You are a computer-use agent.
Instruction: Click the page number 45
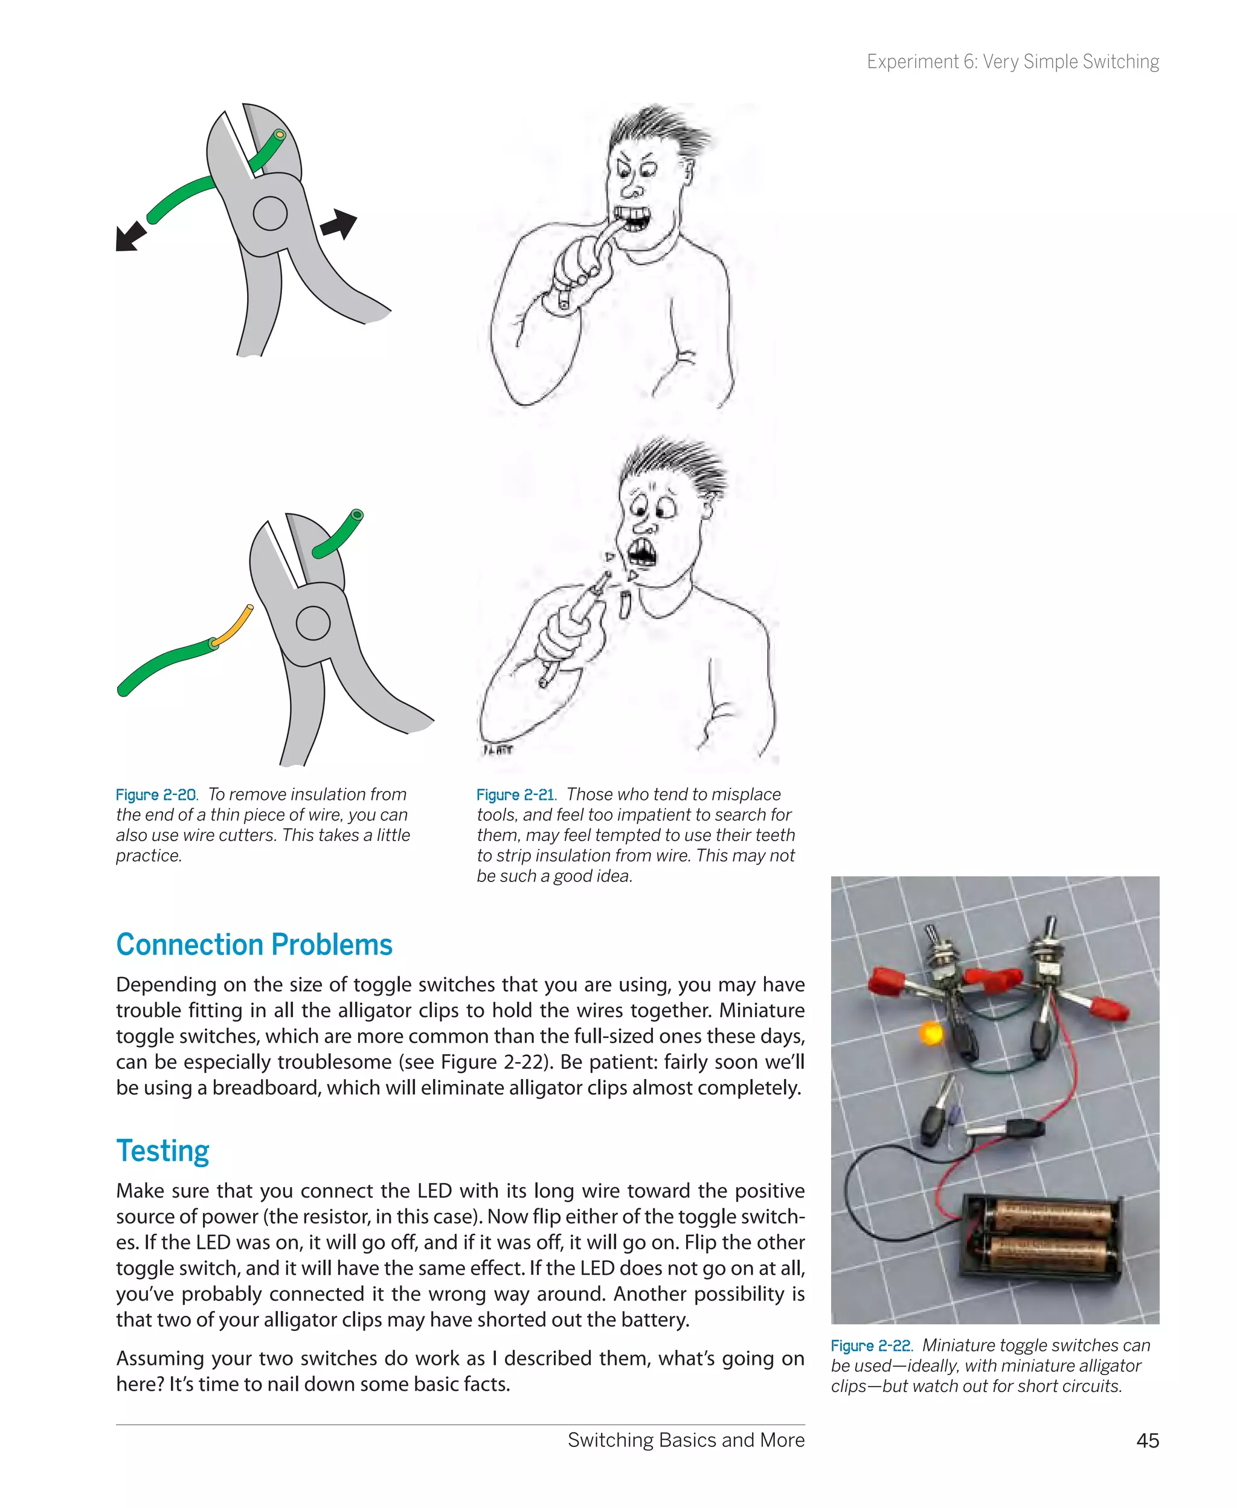point(1147,1440)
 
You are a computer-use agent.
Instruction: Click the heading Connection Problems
point(254,944)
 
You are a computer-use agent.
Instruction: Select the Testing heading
point(162,1151)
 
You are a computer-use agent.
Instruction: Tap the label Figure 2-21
point(516,794)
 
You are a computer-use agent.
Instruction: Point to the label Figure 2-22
point(872,1345)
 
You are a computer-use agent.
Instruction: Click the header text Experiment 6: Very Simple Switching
point(1012,62)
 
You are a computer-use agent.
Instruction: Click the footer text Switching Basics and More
point(686,1440)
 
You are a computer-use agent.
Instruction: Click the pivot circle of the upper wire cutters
point(270,213)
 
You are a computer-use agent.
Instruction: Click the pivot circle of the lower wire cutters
point(313,623)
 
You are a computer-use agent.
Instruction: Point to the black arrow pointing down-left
point(130,236)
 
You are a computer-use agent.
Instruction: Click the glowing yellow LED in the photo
point(930,1033)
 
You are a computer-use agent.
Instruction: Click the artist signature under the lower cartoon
point(497,750)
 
